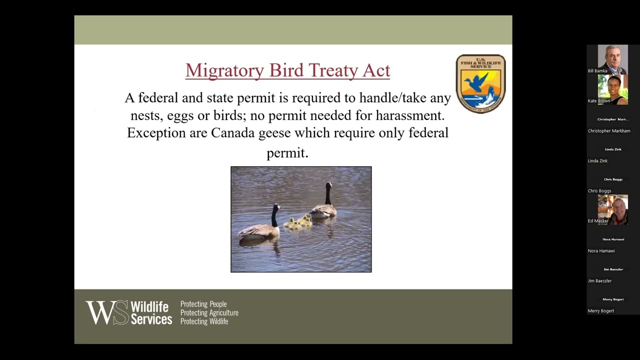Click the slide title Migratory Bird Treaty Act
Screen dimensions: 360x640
coord(287,70)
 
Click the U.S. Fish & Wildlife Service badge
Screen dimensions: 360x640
coord(480,83)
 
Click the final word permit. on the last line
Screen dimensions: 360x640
coord(287,152)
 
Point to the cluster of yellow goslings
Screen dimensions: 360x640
coord(298,222)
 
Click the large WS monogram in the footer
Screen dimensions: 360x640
coord(106,312)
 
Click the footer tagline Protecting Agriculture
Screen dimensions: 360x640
coord(209,313)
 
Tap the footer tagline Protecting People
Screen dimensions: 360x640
coord(203,304)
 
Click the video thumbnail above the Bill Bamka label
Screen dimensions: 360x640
coord(612,59)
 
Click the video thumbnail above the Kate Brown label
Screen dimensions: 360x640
coord(612,89)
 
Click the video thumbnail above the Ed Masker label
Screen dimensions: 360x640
coord(612,209)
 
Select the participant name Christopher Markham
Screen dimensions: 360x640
coord(609,131)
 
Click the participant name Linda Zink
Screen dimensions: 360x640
coord(598,161)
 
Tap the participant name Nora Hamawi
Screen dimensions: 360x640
coord(601,251)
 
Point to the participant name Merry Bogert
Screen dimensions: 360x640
coord(601,311)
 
